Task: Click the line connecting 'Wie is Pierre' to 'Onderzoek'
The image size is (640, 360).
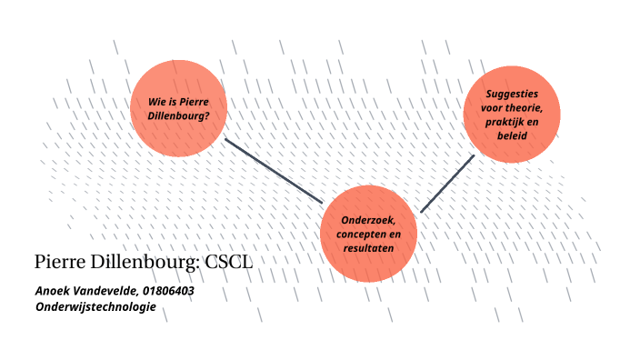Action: (274, 170)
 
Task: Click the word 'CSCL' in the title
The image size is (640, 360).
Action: (228, 263)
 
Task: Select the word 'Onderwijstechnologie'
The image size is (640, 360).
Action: (95, 307)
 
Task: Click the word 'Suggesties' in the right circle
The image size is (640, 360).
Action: (513, 94)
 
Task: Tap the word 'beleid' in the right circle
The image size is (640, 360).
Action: (512, 135)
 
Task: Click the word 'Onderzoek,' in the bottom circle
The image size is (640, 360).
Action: (368, 220)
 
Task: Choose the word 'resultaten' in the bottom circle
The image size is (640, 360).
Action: (368, 247)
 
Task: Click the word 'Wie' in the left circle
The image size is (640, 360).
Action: (159, 101)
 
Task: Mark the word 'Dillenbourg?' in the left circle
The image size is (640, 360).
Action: (178, 115)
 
